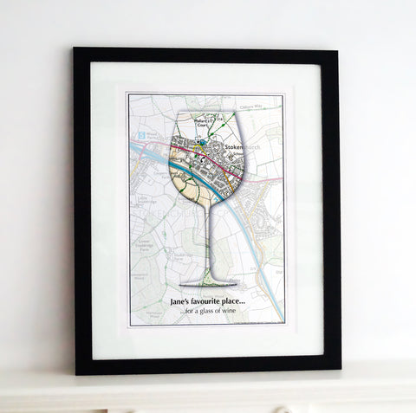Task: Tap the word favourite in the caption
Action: tap(217, 300)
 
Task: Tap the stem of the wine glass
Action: tap(209, 242)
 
